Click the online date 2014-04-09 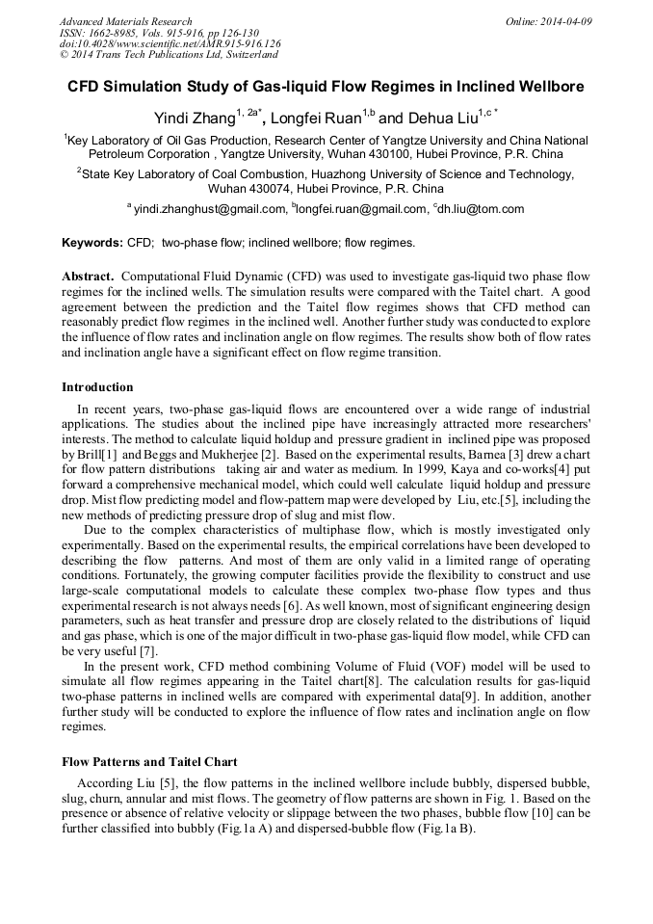(x=566, y=21)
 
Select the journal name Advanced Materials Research (x=125, y=21)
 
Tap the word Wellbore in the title (x=549, y=86)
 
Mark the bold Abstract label (x=89, y=276)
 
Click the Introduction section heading (x=97, y=387)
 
